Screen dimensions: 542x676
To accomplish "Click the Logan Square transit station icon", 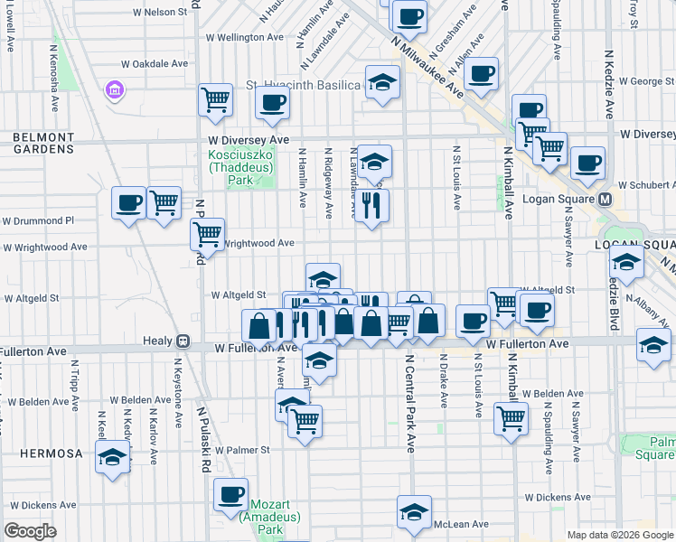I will [x=606, y=199].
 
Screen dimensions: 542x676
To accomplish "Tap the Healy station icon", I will [x=183, y=341].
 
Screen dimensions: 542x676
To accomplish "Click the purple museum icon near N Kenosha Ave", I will [x=114, y=90].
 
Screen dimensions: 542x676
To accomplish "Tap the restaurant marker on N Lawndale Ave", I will [x=371, y=205].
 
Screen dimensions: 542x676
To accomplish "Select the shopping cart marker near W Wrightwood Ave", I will [x=208, y=235].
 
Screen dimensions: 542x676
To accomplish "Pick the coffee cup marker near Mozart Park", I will [x=232, y=493].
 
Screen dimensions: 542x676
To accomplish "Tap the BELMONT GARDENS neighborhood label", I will [x=42, y=142].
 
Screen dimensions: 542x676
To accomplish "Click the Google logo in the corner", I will [x=30, y=530].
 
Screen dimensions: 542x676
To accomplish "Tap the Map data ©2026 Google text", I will [x=619, y=535].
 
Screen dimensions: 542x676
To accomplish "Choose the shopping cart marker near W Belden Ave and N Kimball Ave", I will [x=512, y=417].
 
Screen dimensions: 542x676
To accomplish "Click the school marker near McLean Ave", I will [x=414, y=511].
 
